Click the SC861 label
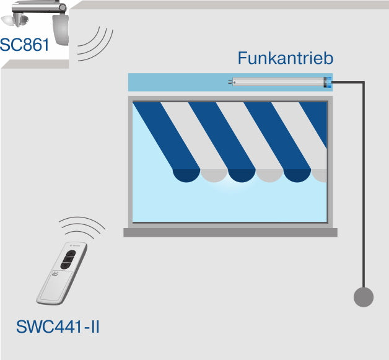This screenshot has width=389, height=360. pyautogui.click(x=24, y=45)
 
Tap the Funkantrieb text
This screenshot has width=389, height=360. pyautogui.click(x=286, y=58)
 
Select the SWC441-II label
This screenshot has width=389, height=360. pyautogui.click(x=58, y=327)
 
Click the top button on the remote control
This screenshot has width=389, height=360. pyautogui.click(x=71, y=253)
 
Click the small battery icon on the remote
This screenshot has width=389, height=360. pyautogui.click(x=55, y=274)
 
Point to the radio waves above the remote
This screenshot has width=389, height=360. pyautogui.click(x=82, y=227)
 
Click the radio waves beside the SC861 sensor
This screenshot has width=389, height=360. pyautogui.click(x=95, y=43)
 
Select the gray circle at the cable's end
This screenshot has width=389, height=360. pyautogui.click(x=364, y=297)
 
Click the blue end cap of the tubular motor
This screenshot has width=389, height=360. pyautogui.click(x=328, y=82)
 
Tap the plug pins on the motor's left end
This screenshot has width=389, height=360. pyautogui.click(x=230, y=82)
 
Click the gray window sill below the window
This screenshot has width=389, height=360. pyautogui.click(x=230, y=232)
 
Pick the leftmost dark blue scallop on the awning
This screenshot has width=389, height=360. pyautogui.click(x=186, y=175)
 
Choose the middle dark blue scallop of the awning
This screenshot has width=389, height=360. pyautogui.click(x=242, y=175)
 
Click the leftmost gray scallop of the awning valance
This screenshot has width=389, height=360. pyautogui.click(x=214, y=175)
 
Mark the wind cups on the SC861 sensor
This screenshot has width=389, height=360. pyautogui.click(x=15, y=20)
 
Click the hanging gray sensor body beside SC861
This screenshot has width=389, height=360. pyautogui.click(x=61, y=30)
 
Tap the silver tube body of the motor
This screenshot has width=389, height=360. pyautogui.click(x=278, y=82)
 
